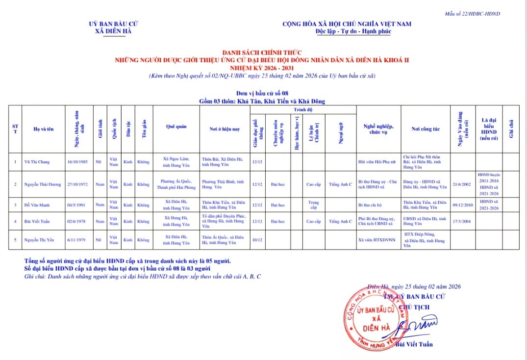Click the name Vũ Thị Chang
point(37,161)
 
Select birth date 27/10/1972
point(78,184)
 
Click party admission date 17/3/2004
point(463,221)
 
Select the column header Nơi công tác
point(426,129)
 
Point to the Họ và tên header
point(44,129)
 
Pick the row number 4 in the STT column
point(15,221)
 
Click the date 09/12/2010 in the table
point(463,205)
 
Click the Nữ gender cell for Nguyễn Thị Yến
point(100,240)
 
